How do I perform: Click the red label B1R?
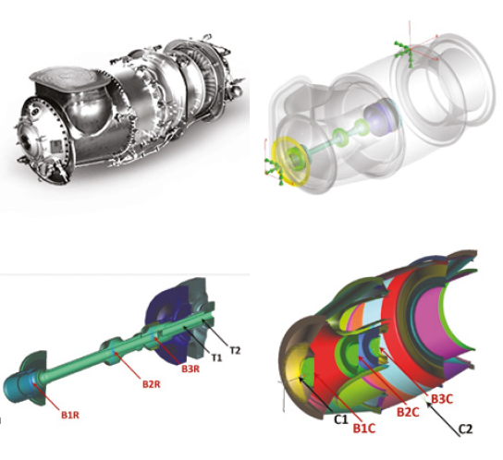coord(70,415)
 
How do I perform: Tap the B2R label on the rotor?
coord(151,383)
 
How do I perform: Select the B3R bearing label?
coord(190,369)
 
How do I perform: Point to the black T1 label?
coord(216,357)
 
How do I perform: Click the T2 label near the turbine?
coord(235,350)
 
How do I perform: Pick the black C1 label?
coord(340,419)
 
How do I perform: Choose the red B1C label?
coord(364,429)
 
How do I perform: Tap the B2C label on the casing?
coord(408,412)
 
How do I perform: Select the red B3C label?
coord(442,399)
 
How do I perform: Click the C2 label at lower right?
coord(465,429)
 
